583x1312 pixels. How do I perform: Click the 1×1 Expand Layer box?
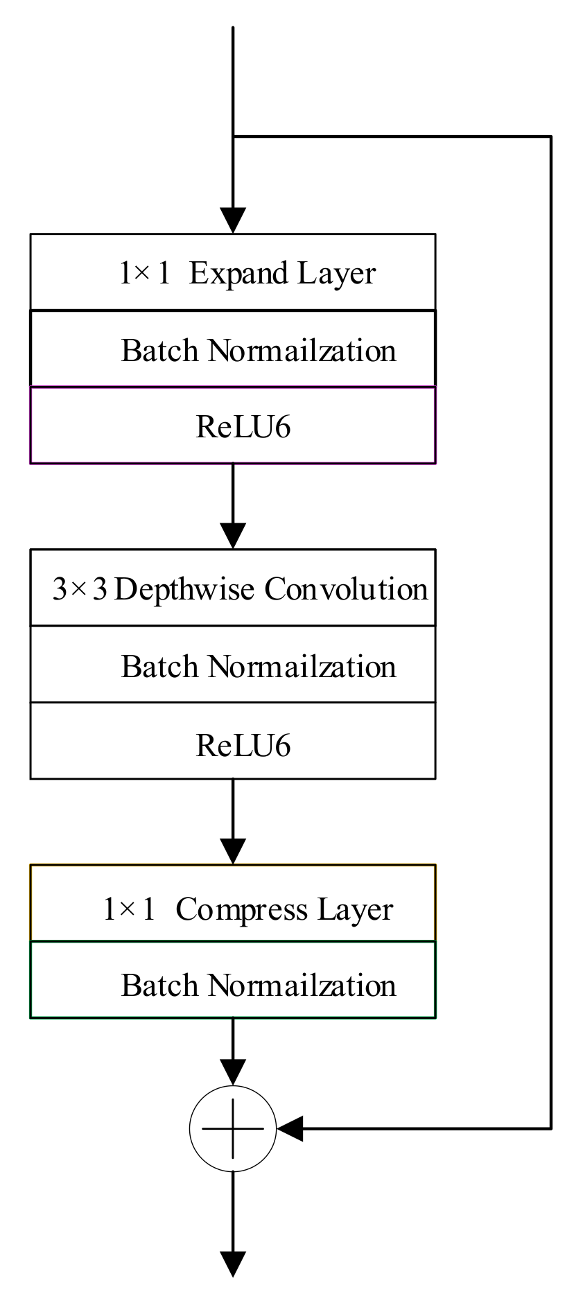pyautogui.click(x=233, y=272)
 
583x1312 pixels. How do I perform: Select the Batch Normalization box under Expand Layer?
pyautogui.click(x=233, y=349)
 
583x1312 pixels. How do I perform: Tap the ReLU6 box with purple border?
pyautogui.click(x=233, y=426)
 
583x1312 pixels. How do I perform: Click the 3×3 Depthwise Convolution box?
pyautogui.click(x=233, y=588)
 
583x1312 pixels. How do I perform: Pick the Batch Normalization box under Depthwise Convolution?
pyautogui.click(x=233, y=665)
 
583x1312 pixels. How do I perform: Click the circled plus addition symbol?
pyautogui.click(x=233, y=1129)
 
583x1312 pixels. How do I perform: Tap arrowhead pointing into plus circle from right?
pyautogui.click(x=290, y=1129)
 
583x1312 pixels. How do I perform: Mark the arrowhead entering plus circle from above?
pyautogui.click(x=233, y=1073)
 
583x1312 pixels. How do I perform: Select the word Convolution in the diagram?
pyautogui.click(x=346, y=589)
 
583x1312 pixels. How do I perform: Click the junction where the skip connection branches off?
pyautogui.click(x=233, y=137)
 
